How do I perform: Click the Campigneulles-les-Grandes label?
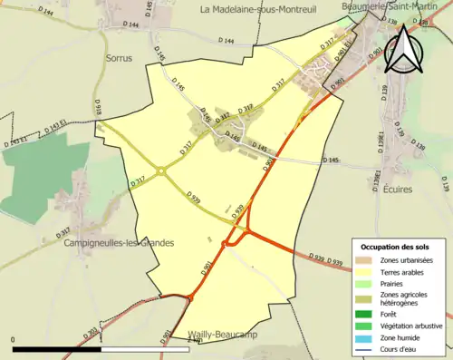[119, 243]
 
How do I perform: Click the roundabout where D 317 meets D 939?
[161, 169]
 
